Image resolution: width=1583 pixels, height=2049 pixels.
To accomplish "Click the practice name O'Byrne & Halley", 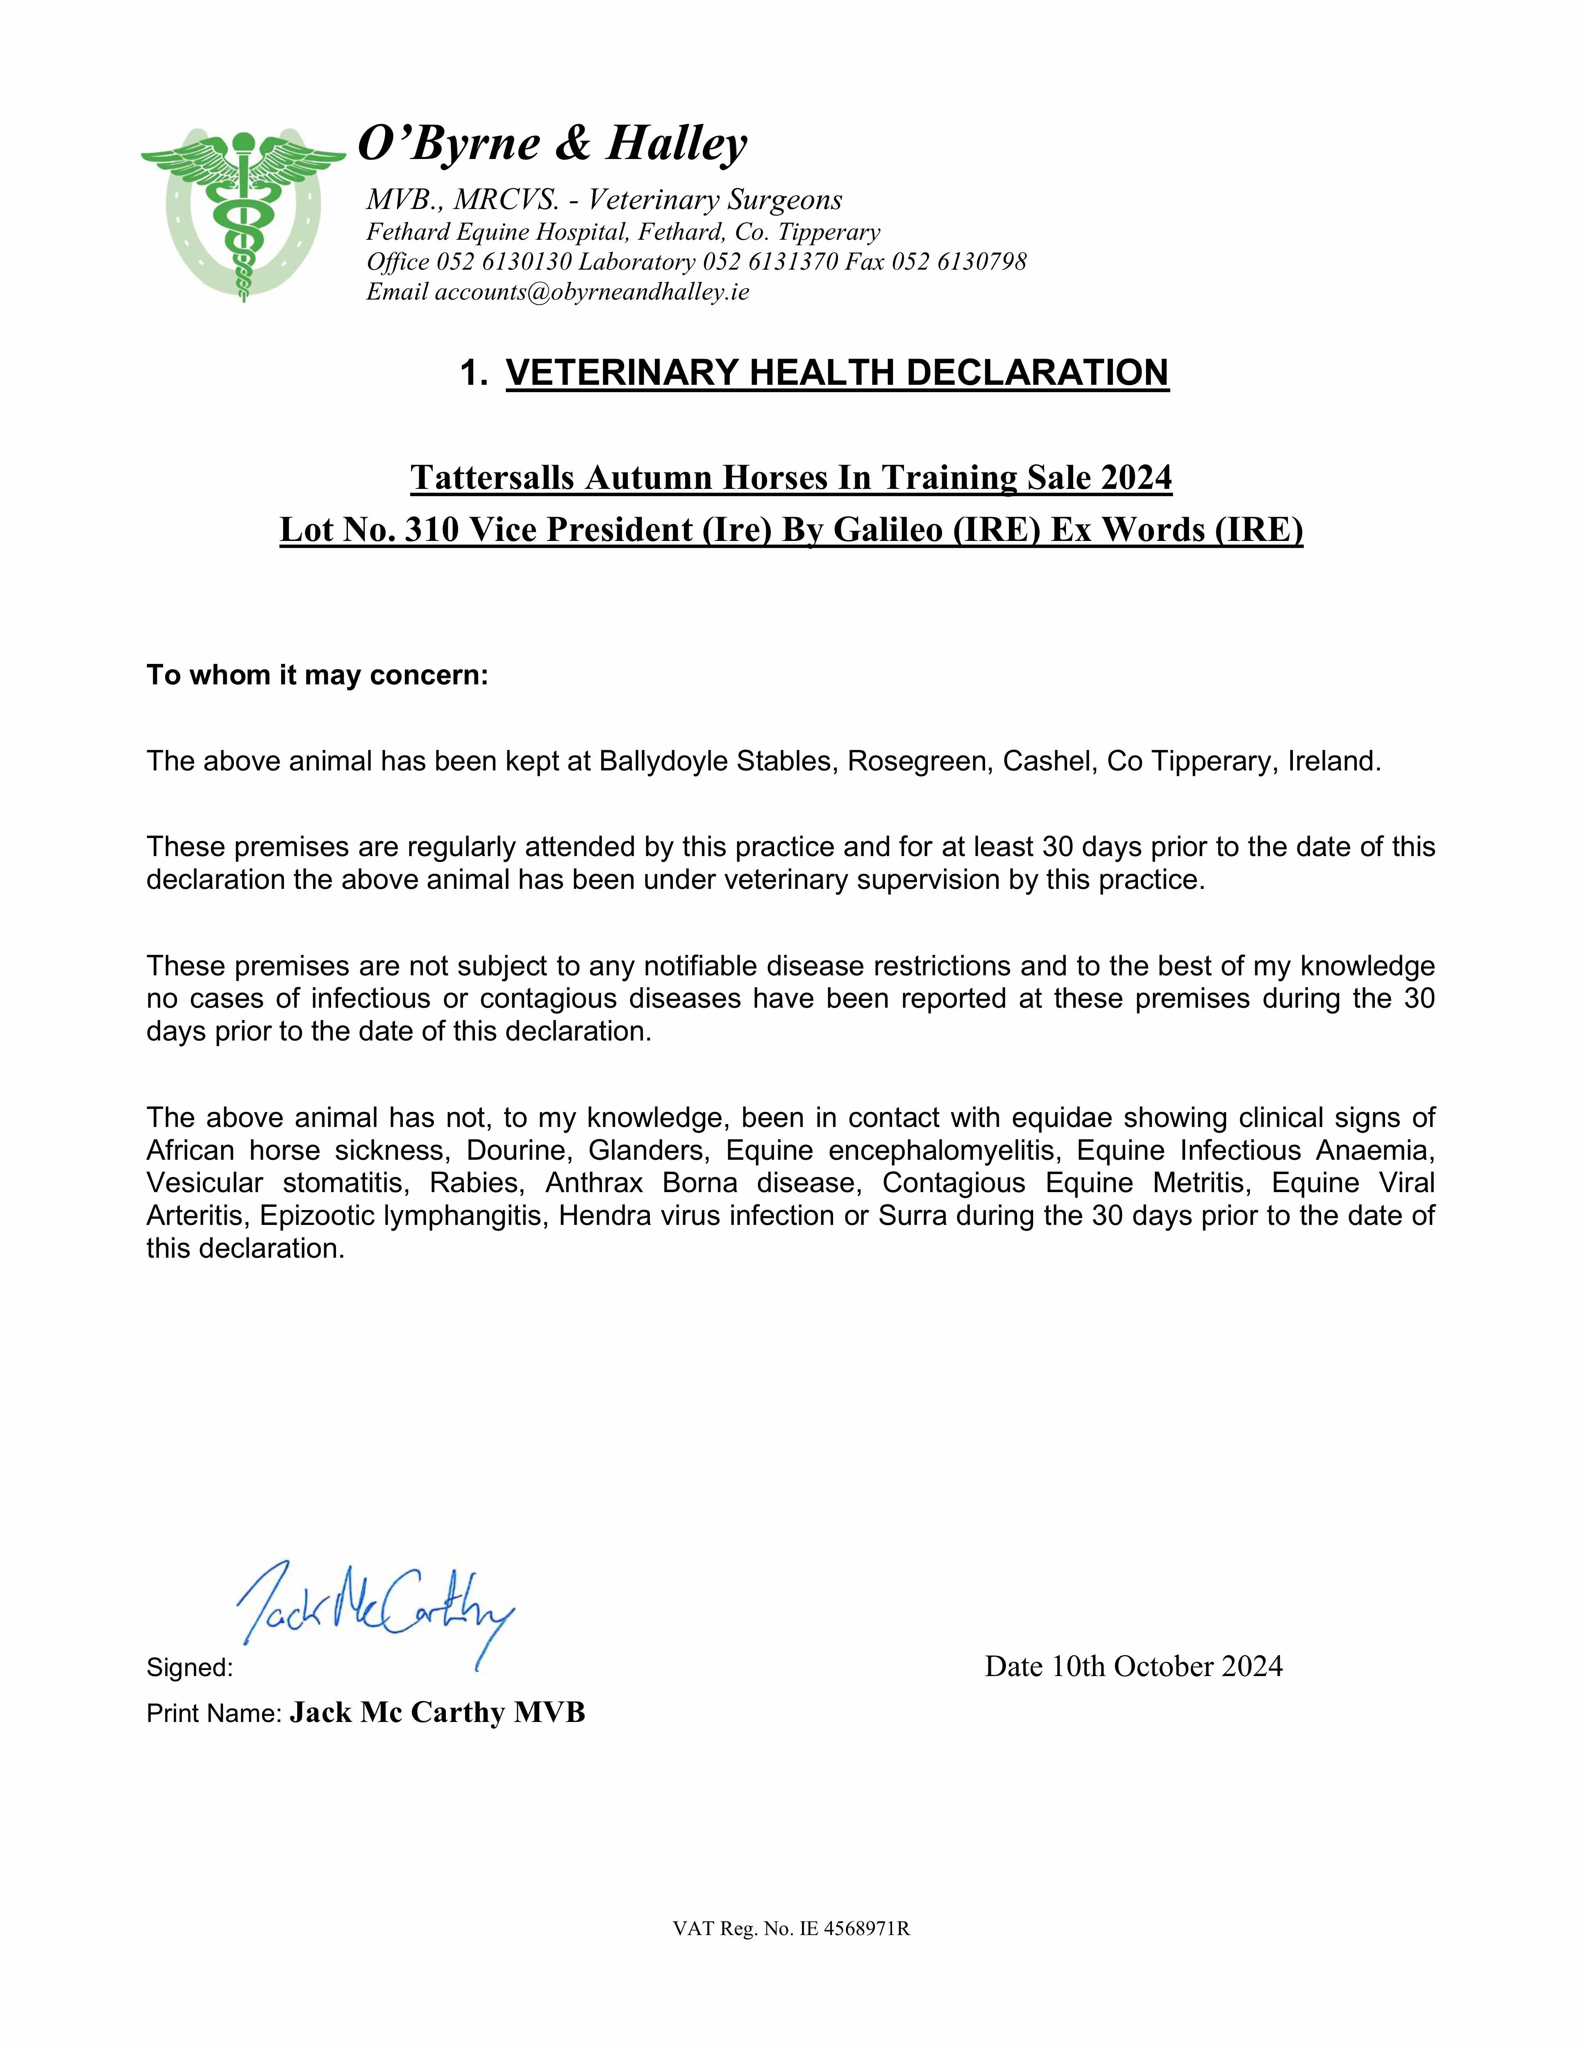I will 553,143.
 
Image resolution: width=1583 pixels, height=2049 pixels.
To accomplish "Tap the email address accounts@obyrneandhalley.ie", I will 591,292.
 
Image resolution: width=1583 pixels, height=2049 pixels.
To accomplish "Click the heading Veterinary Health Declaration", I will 837,373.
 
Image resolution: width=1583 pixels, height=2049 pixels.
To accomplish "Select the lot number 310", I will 433,530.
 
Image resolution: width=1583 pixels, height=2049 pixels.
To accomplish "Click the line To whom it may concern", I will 317,675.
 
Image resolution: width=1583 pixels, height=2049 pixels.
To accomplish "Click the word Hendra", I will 602,1216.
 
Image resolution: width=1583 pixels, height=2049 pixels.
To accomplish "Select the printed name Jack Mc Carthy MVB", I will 437,1712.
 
